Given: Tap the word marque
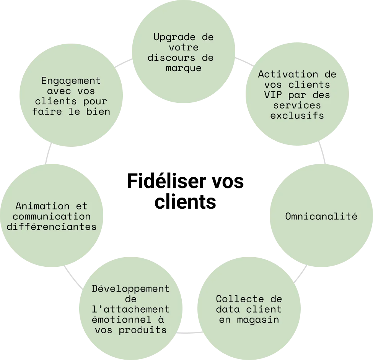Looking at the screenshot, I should pyautogui.click(x=183, y=68).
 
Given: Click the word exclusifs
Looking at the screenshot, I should pyautogui.click(x=297, y=115).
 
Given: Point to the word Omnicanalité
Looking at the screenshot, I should pyautogui.click(x=321, y=216).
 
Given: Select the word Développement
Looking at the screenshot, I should pyautogui.click(x=130, y=289).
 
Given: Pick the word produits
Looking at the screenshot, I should pyautogui.click(x=143, y=330).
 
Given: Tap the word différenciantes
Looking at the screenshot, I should pyautogui.click(x=51, y=227).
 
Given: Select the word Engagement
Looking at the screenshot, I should pyautogui.click(x=71, y=81).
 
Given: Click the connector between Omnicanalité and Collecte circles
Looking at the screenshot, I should pyautogui.click(x=301, y=272).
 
